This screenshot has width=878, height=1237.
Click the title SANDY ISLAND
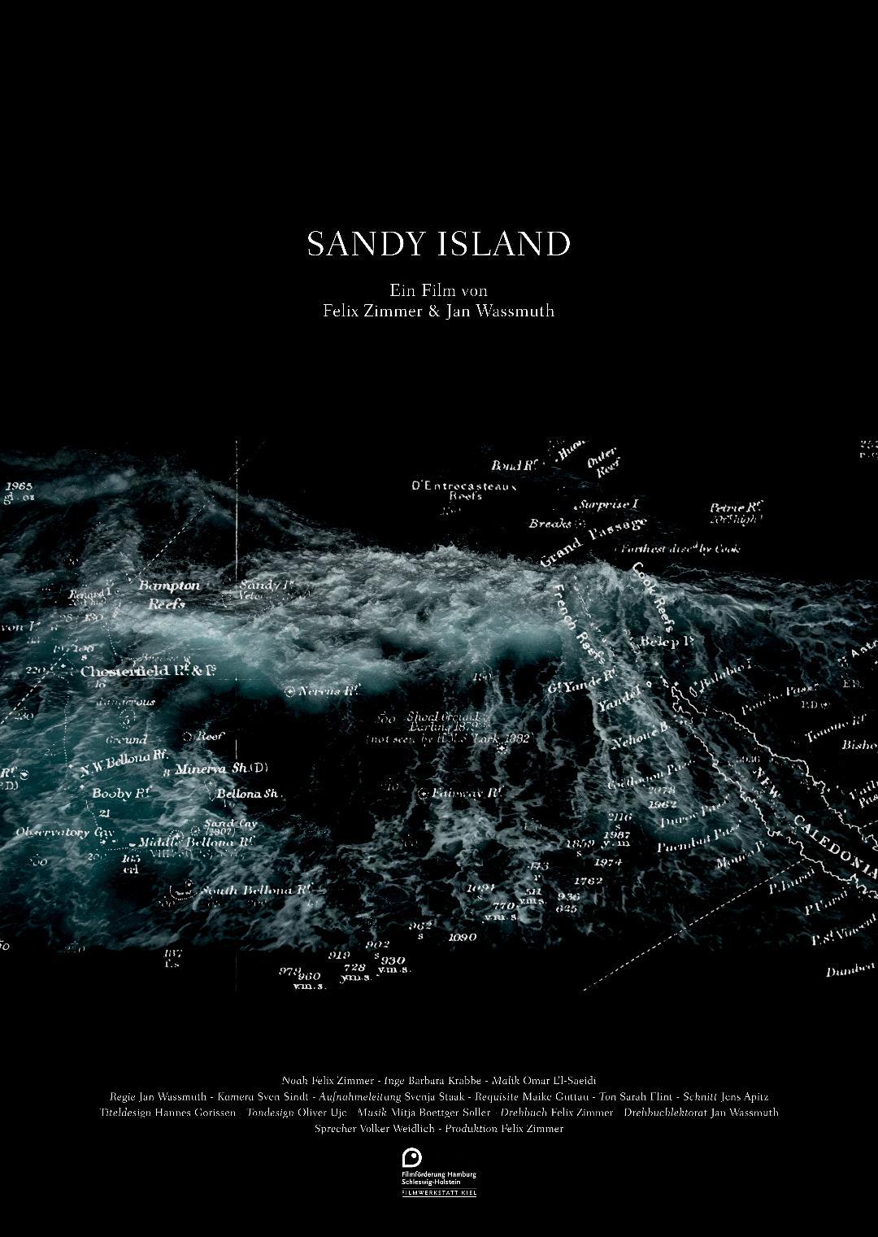[x=439, y=244]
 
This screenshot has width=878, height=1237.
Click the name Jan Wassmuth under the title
[x=500, y=311]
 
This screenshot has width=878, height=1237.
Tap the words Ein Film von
[x=438, y=290]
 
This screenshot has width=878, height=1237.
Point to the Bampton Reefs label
[x=167, y=595]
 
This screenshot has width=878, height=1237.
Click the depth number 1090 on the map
[x=462, y=937]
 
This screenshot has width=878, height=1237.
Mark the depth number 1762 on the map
[x=588, y=881]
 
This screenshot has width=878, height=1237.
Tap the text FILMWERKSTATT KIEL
[x=439, y=1192]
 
